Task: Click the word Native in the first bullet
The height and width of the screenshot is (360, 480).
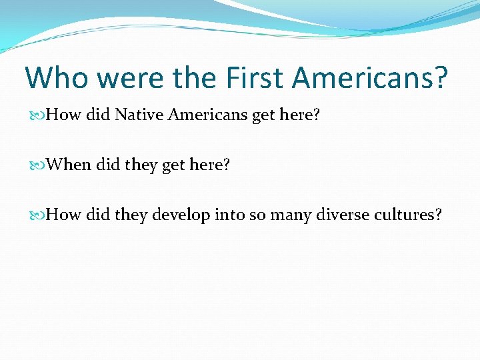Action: click(x=140, y=115)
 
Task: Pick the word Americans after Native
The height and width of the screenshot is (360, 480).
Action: click(x=209, y=115)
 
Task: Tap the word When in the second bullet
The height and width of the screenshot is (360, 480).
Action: click(x=70, y=165)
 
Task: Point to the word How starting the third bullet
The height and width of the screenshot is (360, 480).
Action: click(x=65, y=215)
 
